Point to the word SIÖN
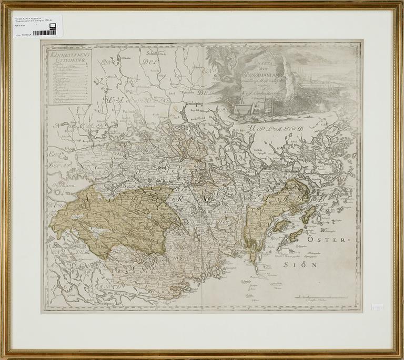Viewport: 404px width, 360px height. click(x=302, y=264)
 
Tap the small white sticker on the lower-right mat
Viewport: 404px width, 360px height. click(x=377, y=306)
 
